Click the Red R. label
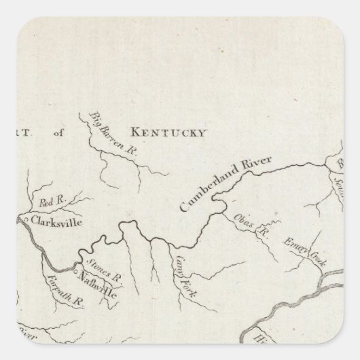pyautogui.click(x=51, y=202)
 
